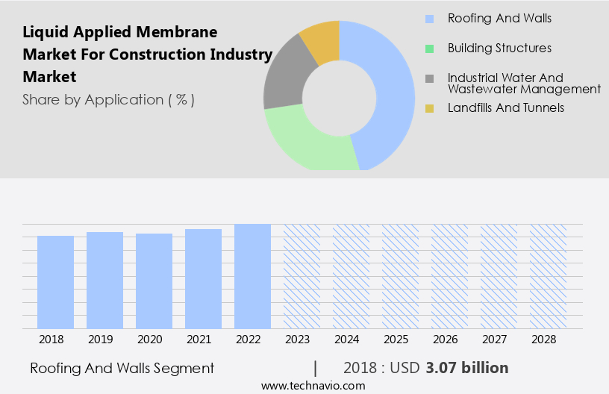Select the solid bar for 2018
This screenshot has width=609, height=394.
pos(55,282)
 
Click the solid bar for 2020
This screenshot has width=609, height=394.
pos(154,281)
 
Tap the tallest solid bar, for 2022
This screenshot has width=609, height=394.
pos(252,276)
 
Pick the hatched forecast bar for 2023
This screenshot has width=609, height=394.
pos(302,276)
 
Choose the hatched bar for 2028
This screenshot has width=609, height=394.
pos(548,276)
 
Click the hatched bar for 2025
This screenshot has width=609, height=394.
pos(400,276)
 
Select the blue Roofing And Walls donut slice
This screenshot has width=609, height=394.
pos(392,90)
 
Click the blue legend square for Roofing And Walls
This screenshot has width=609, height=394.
pos(429,18)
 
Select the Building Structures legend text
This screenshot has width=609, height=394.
pos(499,48)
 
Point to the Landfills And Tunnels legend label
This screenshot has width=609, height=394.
pos(505,107)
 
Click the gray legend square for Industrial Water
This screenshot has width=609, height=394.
pos(429,78)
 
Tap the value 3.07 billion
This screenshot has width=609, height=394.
pos(467,368)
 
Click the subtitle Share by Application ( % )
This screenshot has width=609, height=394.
pos(108,99)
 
